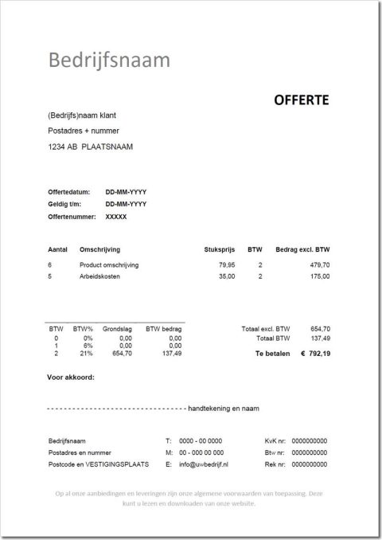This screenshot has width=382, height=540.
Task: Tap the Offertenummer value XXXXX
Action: point(116,217)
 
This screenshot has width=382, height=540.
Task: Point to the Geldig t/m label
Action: point(65,205)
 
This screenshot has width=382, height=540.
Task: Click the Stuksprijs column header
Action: point(220,250)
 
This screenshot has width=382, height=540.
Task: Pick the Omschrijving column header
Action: point(99,250)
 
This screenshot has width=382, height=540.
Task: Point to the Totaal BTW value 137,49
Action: point(320,338)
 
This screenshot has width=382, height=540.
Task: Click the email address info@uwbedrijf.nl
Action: point(204,464)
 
